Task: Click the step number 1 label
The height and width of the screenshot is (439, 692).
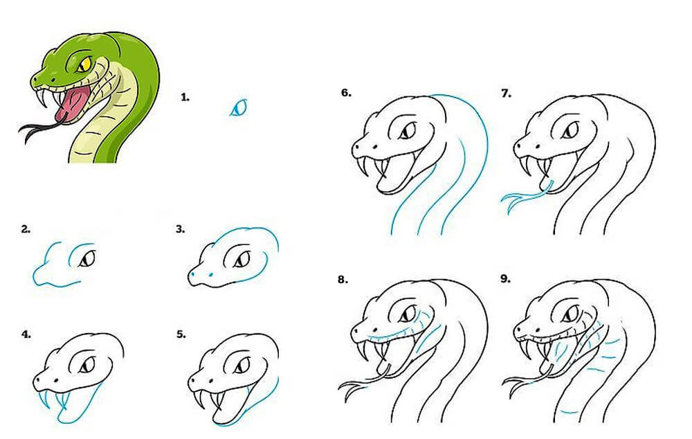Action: tap(184, 98)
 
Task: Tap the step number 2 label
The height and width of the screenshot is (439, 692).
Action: tap(26, 229)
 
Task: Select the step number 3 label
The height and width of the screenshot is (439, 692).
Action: tap(181, 229)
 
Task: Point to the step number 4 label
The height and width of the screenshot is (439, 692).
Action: tap(26, 334)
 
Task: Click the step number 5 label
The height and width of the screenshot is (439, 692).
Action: tap(181, 334)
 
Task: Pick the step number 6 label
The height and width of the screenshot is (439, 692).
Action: tap(345, 92)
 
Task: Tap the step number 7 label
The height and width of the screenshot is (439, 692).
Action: tap(506, 92)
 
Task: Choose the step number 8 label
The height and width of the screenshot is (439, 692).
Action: tap(342, 280)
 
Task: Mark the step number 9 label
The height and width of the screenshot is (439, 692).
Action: tap(506, 280)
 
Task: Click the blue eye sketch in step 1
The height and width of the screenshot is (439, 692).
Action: tap(239, 107)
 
